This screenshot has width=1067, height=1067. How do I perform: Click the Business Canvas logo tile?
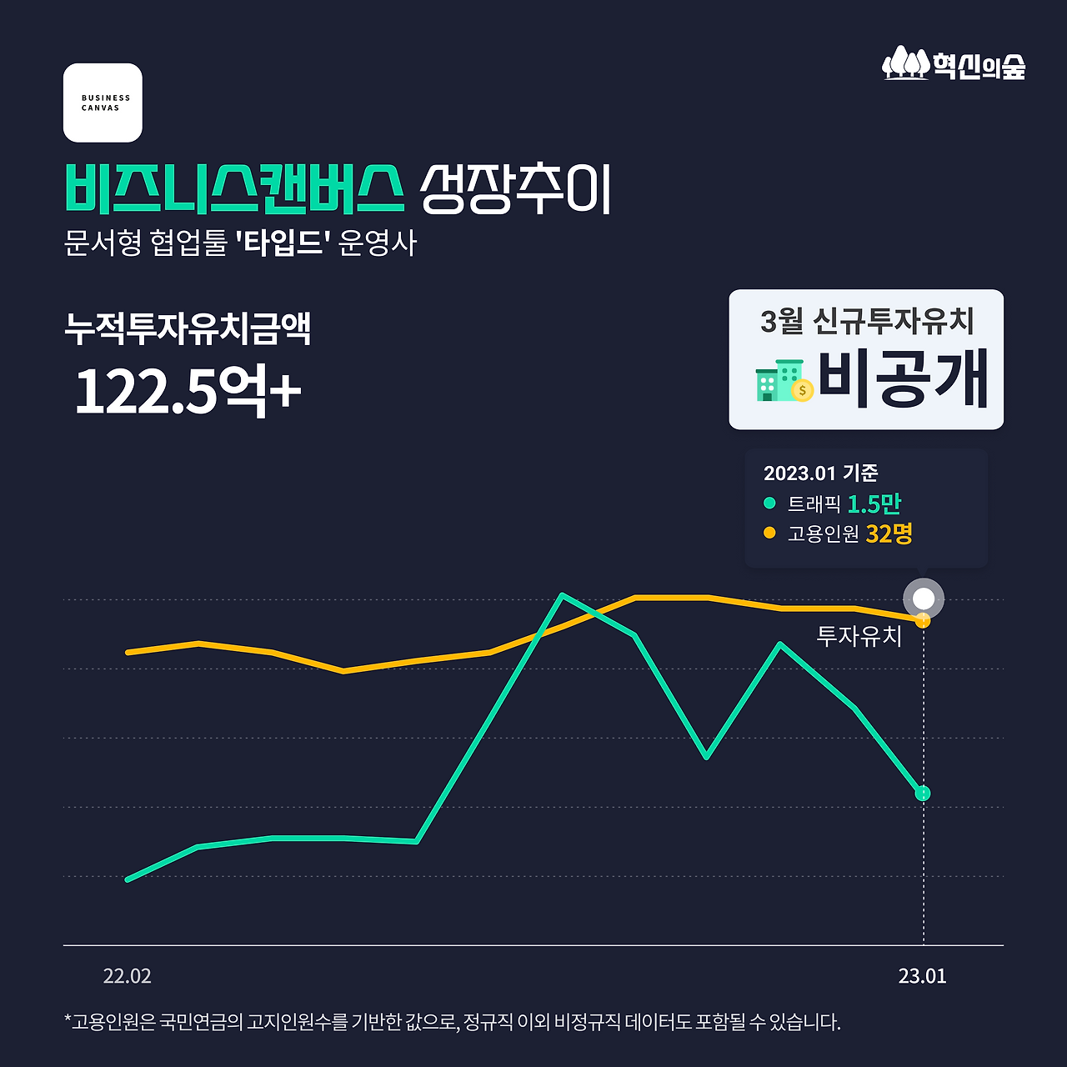coord(103,103)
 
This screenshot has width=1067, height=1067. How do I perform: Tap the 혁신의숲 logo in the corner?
coord(954,63)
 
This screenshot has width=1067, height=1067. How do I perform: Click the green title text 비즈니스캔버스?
coord(234,188)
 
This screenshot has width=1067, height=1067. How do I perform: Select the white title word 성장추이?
coord(515,188)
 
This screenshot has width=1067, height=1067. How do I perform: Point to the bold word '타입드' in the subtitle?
coord(283,243)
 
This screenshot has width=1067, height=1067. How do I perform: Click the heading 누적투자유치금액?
coord(188,328)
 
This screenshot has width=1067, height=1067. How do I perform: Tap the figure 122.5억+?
coord(188,390)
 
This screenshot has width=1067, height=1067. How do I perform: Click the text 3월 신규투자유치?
coord(867,320)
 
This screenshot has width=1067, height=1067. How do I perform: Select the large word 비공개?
coord(903,378)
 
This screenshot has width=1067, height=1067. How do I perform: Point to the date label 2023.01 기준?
coord(820,473)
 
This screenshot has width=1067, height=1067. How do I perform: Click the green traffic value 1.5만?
coord(874,503)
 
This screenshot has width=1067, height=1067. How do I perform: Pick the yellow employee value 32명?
coord(889,533)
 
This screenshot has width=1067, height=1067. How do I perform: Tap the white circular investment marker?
coord(924,599)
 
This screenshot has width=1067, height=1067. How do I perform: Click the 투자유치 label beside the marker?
coord(859,636)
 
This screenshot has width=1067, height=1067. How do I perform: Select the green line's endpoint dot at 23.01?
coord(922,794)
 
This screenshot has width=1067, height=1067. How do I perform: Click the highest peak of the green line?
coord(564,595)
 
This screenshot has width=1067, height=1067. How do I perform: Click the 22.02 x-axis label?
coord(128,976)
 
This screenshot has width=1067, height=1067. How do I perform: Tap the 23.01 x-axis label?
coord(922,976)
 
